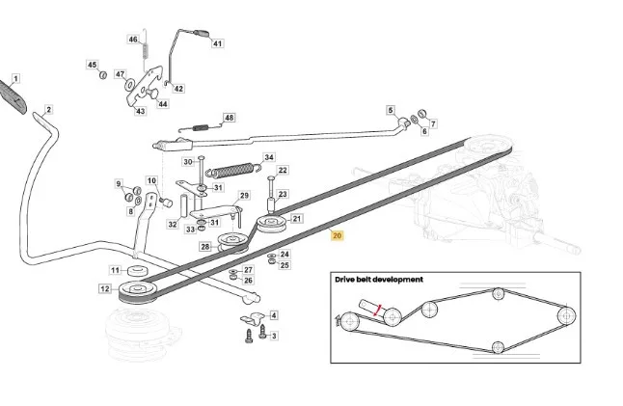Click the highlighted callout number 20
tap(337, 235)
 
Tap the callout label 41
tap(217, 43)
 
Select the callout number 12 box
tap(105, 288)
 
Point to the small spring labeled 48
tap(201, 127)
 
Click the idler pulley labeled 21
tap(271, 225)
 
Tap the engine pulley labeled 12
tap(137, 292)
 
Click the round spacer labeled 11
tap(138, 271)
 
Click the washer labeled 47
tap(130, 84)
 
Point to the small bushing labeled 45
tap(103, 74)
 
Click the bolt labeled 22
tap(271, 189)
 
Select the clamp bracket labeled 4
tap(253, 318)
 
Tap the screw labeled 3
tap(262, 332)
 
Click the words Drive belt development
tap(379, 280)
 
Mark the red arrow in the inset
tap(377, 311)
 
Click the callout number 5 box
tap(391, 111)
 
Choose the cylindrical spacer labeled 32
tap(184, 205)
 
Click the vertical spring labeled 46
tap(146, 50)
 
